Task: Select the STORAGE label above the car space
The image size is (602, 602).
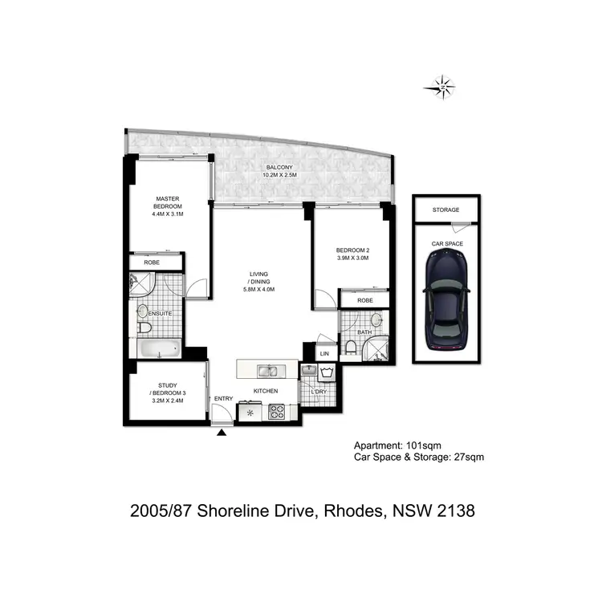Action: (x=445, y=210)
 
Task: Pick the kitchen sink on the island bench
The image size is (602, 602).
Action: (x=267, y=371)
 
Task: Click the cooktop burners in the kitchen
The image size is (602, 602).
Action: (x=278, y=413)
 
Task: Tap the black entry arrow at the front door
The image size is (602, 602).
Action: (x=222, y=433)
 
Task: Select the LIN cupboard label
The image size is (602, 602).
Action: (x=325, y=353)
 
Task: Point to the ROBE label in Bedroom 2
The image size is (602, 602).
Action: (x=364, y=300)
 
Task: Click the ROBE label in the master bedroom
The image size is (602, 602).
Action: (x=151, y=262)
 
